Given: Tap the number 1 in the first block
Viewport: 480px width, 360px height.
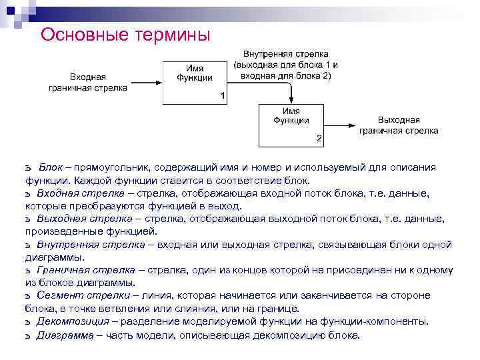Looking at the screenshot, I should click(x=222, y=97).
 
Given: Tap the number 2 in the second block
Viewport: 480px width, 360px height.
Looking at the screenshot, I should click(x=319, y=139).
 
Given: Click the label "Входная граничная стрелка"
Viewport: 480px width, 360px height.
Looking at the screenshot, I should click(x=88, y=82).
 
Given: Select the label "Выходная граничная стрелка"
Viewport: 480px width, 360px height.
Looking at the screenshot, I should click(x=399, y=125).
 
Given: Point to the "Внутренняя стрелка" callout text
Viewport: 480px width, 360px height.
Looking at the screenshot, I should click(x=285, y=65).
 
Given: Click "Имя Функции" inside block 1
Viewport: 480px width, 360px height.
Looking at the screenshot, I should click(x=195, y=73).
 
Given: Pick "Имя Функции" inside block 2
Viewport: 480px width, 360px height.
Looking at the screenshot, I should click(x=291, y=116).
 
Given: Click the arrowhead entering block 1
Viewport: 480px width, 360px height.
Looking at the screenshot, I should click(x=159, y=82).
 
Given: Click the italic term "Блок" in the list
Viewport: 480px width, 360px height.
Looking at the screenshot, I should click(x=50, y=167).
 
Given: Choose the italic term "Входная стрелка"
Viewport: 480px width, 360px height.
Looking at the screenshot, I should click(x=75, y=193).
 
